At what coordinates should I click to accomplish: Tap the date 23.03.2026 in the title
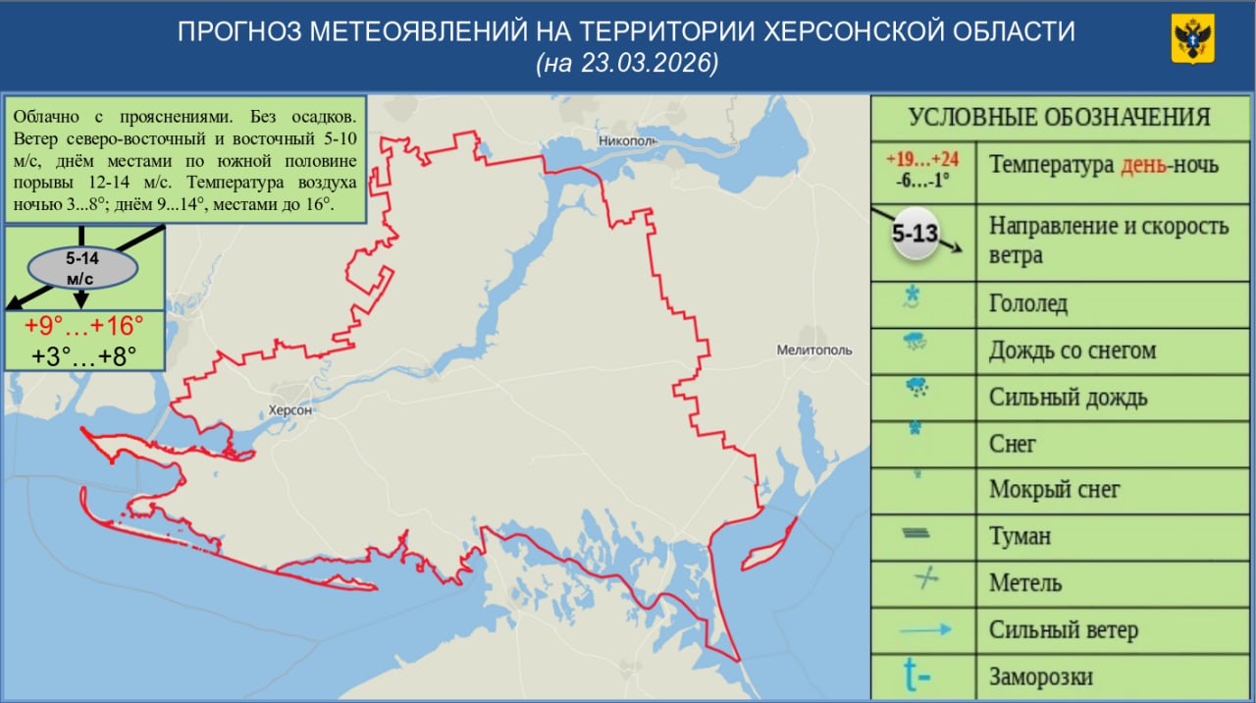click(649, 63)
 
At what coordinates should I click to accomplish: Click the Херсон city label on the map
click(289, 410)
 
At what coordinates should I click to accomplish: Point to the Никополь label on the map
click(626, 141)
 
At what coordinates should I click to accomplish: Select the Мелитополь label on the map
click(813, 350)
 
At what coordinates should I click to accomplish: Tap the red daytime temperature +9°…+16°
click(84, 326)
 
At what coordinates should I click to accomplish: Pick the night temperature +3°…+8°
click(84, 355)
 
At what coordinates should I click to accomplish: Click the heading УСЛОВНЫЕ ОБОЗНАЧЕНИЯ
click(1059, 118)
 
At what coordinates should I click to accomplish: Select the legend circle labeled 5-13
click(915, 236)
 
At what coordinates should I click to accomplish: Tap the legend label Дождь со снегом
click(1072, 351)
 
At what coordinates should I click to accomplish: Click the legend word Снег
click(1013, 444)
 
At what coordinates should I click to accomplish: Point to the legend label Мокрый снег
click(1054, 490)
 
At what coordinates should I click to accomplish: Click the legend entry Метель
click(1025, 583)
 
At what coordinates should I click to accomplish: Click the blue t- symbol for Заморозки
click(917, 676)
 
